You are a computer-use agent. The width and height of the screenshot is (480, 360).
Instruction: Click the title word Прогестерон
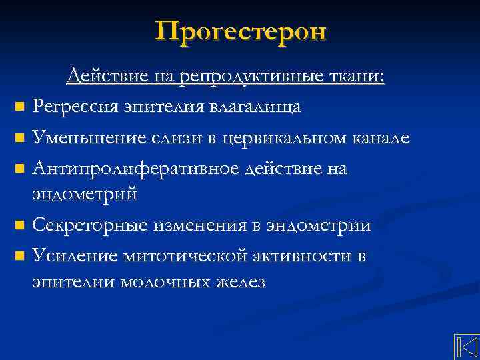click(x=241, y=31)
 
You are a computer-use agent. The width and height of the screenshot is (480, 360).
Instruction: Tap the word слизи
click(x=163, y=137)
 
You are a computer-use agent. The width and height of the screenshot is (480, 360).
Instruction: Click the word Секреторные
click(x=90, y=225)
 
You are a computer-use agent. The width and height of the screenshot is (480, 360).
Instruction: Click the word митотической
click(x=187, y=256)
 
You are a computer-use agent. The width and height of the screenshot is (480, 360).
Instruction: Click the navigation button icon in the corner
click(x=466, y=347)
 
